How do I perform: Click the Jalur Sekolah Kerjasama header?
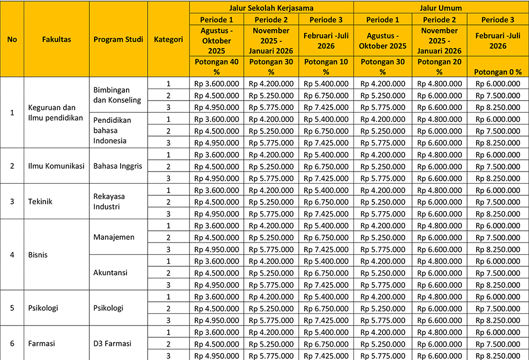(x=271, y=8)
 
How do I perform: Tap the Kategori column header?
(x=168, y=39)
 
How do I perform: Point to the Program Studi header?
(x=118, y=39)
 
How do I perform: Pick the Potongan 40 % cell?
(x=216, y=66)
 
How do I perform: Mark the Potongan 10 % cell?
(x=326, y=66)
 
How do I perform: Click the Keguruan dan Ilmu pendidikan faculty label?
(x=56, y=112)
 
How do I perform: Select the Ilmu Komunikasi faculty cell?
(x=57, y=166)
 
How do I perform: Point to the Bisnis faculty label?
(x=38, y=255)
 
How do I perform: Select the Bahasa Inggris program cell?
(x=117, y=166)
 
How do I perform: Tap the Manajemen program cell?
(x=114, y=237)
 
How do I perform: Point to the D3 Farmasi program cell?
(x=112, y=343)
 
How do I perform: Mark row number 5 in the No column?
(x=12, y=308)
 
